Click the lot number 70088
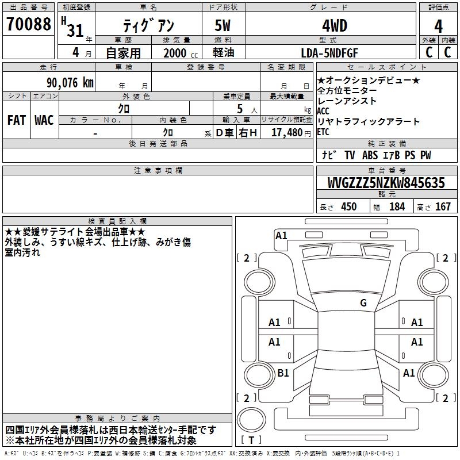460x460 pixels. (x=29, y=25)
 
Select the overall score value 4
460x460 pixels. (x=438, y=26)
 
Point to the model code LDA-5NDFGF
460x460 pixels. (x=329, y=53)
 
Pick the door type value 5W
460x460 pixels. (x=223, y=26)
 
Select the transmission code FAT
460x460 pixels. (x=16, y=120)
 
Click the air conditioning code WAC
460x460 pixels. (x=44, y=120)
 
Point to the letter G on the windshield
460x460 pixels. (x=363, y=303)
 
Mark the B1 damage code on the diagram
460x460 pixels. (x=283, y=373)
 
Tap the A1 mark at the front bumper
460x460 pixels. (x=281, y=235)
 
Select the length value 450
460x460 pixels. (x=348, y=207)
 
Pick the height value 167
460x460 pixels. (x=443, y=207)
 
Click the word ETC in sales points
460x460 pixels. (x=323, y=132)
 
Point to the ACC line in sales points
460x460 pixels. (x=323, y=111)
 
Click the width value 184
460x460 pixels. (x=397, y=207)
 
